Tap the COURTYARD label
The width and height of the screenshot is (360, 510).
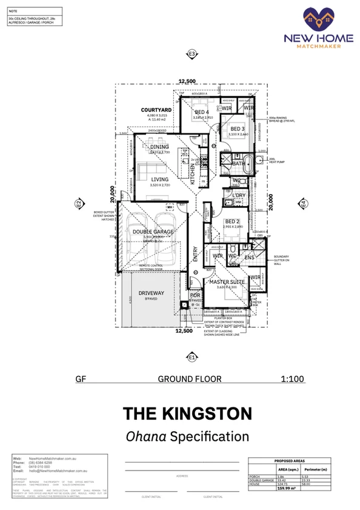pos(157,110)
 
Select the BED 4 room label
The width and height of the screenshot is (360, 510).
pos(201,113)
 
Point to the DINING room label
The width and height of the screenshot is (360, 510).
pos(159,147)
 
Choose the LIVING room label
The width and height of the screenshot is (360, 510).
pos(160,180)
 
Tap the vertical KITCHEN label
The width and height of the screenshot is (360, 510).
pos(193,173)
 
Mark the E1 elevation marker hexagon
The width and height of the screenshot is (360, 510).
pos(192,357)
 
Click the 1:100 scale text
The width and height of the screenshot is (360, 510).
pos(292,379)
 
